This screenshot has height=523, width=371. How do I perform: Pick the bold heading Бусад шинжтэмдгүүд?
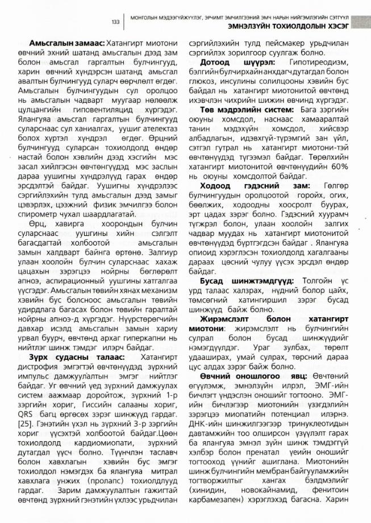tap(247, 280)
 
